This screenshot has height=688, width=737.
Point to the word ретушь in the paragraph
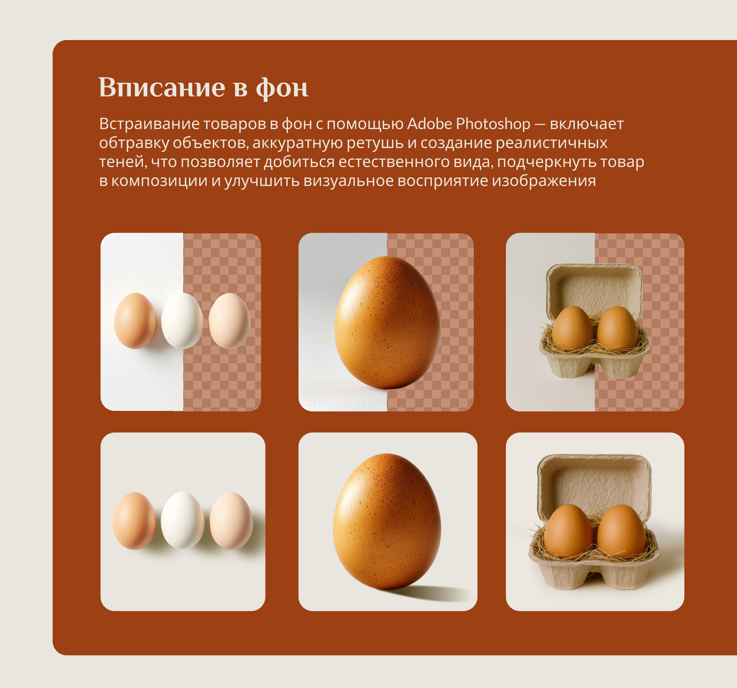(x=375, y=143)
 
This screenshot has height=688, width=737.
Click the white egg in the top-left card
(x=182, y=321)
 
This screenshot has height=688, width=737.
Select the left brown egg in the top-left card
(x=135, y=321)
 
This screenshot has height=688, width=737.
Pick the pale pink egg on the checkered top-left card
(x=230, y=321)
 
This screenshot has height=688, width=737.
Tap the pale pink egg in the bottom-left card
(x=231, y=520)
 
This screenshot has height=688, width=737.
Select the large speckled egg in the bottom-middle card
(x=387, y=521)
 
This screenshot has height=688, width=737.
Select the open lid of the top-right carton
(x=595, y=287)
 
